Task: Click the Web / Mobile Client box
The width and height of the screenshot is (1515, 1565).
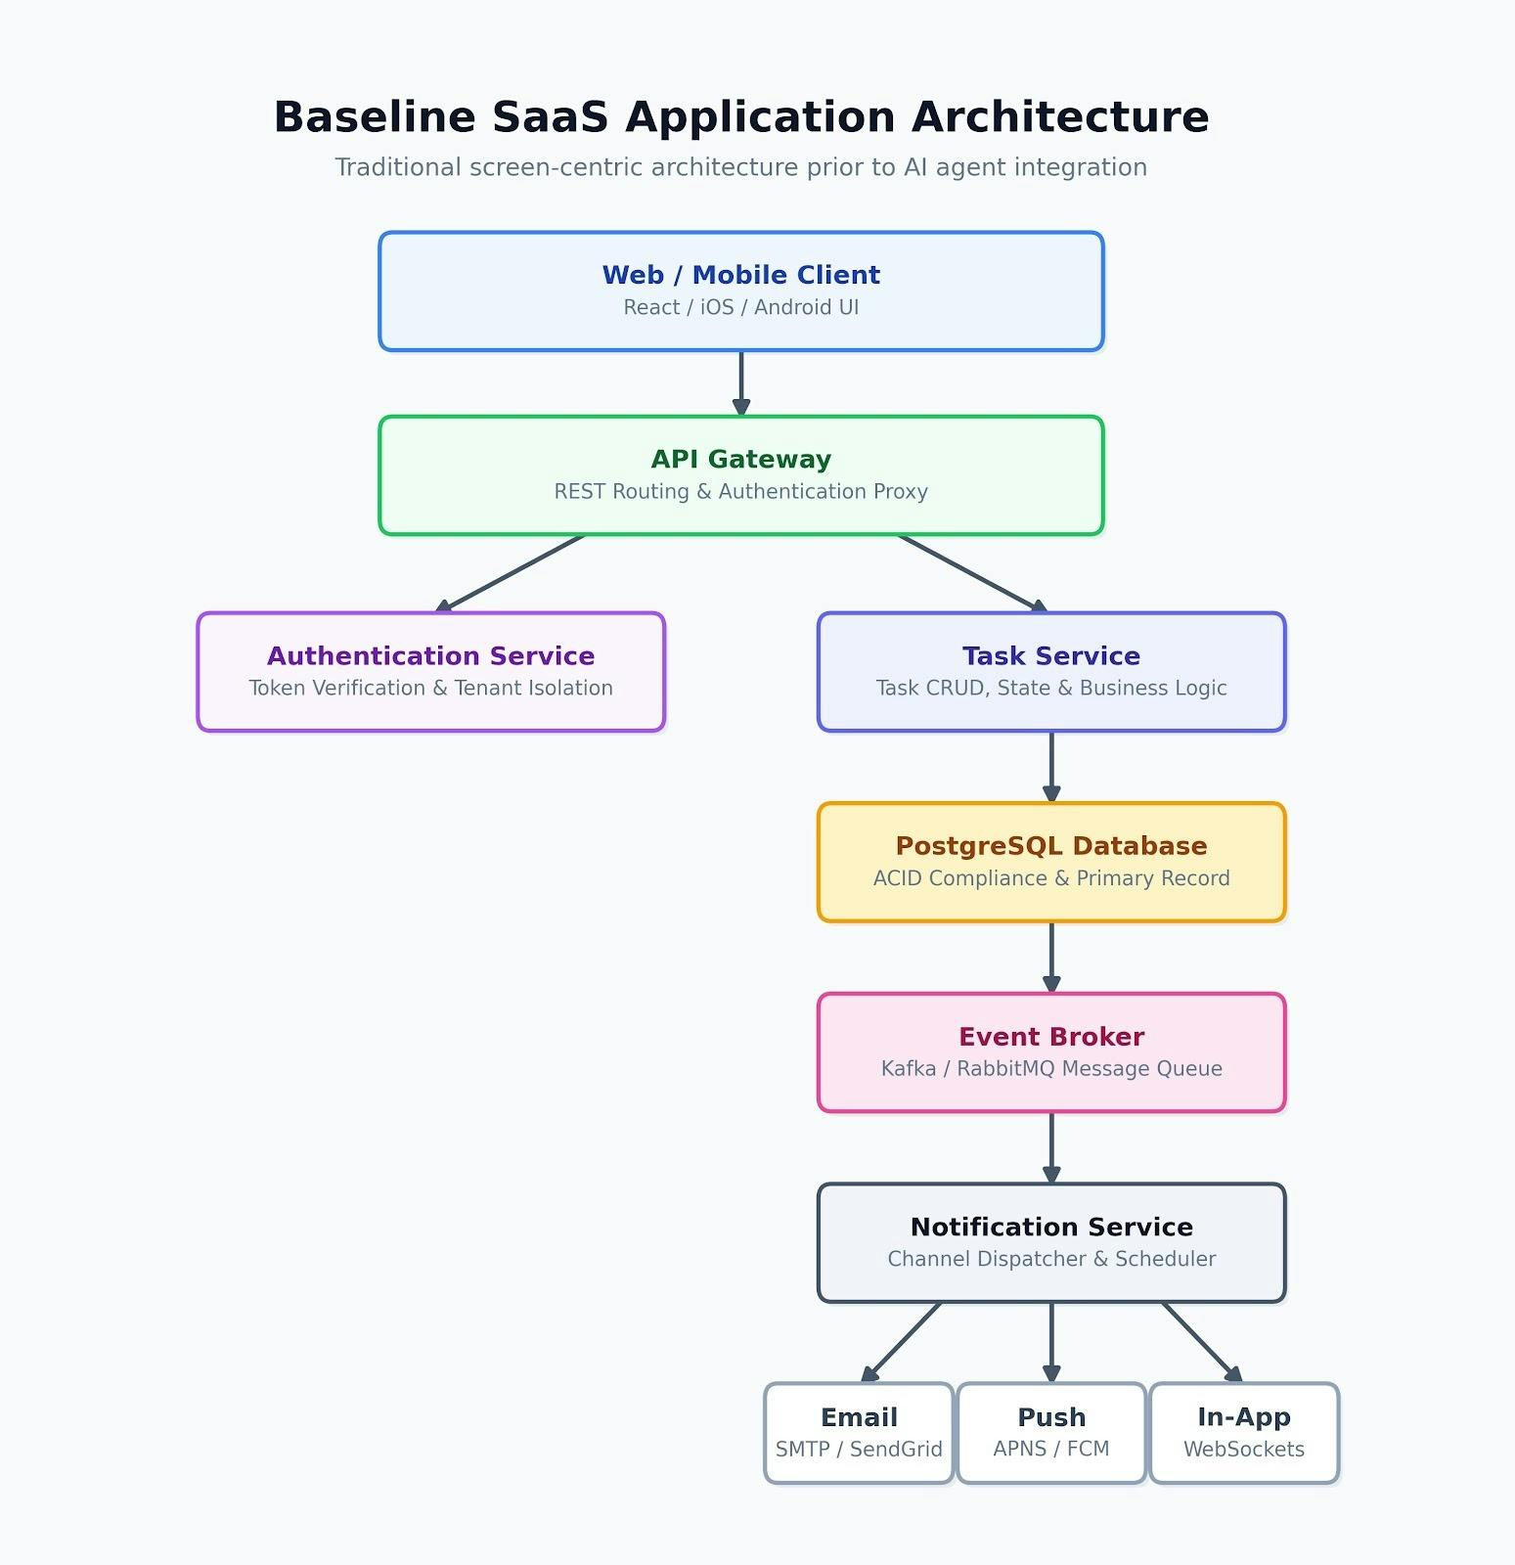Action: tap(741, 291)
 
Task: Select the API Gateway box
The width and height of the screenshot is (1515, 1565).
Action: tap(741, 475)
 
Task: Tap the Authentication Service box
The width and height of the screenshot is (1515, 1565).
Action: tap(431, 672)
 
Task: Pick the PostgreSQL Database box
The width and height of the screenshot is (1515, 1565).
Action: tap(1051, 862)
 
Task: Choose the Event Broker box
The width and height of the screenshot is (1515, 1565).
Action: tap(1051, 1052)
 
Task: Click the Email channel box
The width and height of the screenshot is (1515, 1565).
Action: tap(859, 1433)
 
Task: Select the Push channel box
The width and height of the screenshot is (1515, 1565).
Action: tap(1051, 1433)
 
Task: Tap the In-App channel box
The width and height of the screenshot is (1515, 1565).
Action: tap(1244, 1433)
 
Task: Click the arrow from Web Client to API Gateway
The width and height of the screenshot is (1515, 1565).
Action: tap(741, 383)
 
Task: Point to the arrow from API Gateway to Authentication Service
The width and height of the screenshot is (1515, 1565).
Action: tap(510, 573)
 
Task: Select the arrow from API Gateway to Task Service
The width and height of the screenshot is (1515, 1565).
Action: tap(973, 573)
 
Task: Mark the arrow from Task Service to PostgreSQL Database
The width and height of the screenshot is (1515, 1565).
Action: tap(1051, 767)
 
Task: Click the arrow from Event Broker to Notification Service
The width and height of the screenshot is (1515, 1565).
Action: tap(1051, 1148)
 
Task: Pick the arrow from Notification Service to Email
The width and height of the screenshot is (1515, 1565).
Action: tap(901, 1342)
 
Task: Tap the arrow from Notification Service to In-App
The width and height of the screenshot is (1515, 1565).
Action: tap(1202, 1342)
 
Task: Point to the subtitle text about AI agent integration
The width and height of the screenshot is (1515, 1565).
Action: tap(741, 167)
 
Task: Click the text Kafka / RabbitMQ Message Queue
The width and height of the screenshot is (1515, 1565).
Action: tap(1051, 1068)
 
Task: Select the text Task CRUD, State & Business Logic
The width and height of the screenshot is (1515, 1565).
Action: tap(1051, 688)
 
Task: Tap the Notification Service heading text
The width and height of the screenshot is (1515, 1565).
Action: tap(1051, 1227)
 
